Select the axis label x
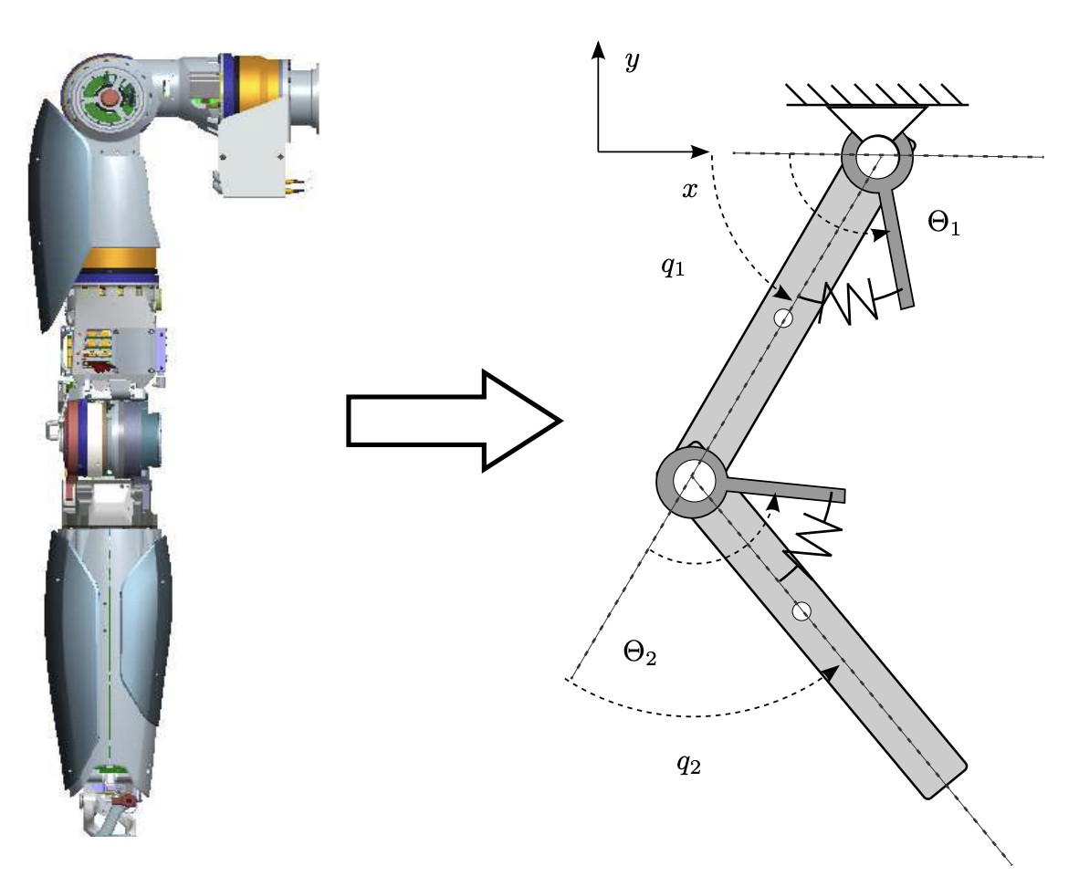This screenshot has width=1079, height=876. click(691, 189)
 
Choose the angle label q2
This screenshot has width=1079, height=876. click(688, 764)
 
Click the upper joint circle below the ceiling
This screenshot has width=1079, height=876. click(877, 156)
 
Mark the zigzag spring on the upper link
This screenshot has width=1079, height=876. click(849, 303)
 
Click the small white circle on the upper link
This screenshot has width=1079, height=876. click(783, 318)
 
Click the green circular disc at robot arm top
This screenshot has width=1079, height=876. click(109, 98)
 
